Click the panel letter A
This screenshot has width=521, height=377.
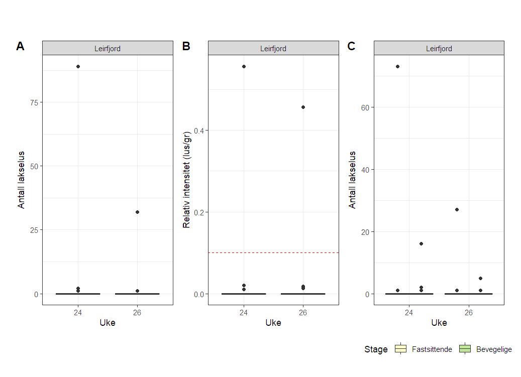click(x=20, y=46)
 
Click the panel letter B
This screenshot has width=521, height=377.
click(x=186, y=46)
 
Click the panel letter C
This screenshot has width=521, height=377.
click(x=351, y=46)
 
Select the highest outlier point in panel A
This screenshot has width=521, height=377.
click(x=78, y=66)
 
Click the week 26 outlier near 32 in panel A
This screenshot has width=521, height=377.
click(x=137, y=212)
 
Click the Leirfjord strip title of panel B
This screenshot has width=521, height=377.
click(x=273, y=49)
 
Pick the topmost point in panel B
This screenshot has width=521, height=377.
click(x=244, y=66)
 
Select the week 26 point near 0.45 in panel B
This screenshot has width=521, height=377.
click(x=303, y=107)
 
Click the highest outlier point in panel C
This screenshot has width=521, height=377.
click(x=397, y=66)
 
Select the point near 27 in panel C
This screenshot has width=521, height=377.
click(x=457, y=209)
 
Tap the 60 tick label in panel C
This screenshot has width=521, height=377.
click(x=365, y=107)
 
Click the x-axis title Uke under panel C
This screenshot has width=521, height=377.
click(x=439, y=323)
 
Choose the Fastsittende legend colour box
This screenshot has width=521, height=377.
click(x=400, y=349)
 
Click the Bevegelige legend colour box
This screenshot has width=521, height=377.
click(x=465, y=349)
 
